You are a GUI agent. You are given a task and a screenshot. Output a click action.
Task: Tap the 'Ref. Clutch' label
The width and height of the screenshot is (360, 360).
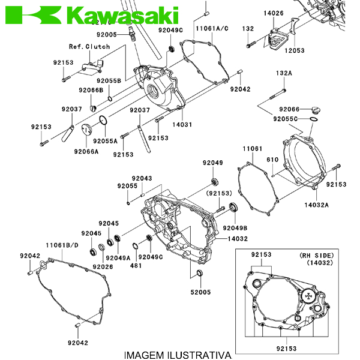(89, 46)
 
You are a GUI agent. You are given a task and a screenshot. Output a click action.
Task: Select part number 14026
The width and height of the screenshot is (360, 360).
(273, 13)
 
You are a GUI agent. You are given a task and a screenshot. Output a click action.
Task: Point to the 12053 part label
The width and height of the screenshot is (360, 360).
(295, 50)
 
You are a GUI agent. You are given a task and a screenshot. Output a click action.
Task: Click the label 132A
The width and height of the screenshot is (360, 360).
(284, 73)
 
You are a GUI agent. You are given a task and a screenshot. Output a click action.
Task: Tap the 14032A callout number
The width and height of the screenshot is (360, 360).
(316, 204)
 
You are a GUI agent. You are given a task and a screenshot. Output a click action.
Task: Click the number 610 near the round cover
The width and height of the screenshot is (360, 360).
(272, 159)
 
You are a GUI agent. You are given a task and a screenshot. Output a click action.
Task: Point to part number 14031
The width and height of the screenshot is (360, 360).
(182, 124)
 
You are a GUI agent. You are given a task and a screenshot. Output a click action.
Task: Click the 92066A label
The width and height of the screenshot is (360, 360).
(86, 152)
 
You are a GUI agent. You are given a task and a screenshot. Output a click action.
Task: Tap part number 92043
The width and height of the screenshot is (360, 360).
(142, 178)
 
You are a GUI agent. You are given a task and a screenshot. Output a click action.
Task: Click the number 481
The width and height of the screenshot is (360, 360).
(136, 265)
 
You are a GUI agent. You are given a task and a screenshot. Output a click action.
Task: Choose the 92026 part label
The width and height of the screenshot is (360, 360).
(103, 266)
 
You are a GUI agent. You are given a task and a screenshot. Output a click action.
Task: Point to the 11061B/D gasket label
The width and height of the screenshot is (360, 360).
(62, 245)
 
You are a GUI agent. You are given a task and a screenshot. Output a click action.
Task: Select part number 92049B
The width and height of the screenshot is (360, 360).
(235, 228)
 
